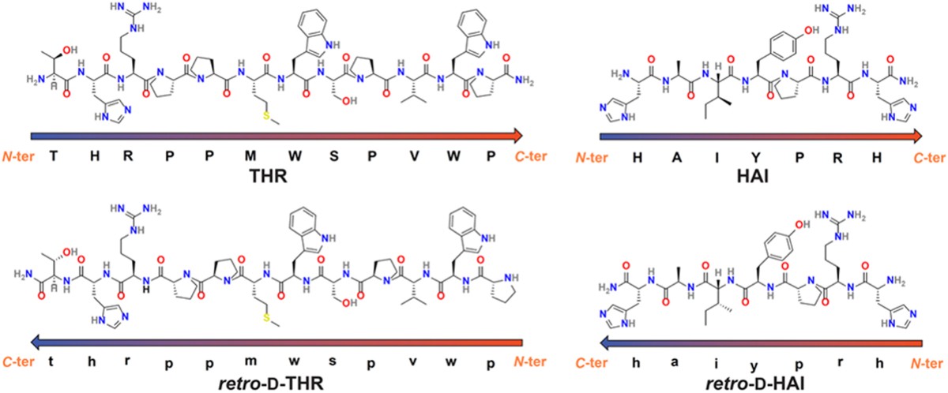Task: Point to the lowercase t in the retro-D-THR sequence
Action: [53, 363]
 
